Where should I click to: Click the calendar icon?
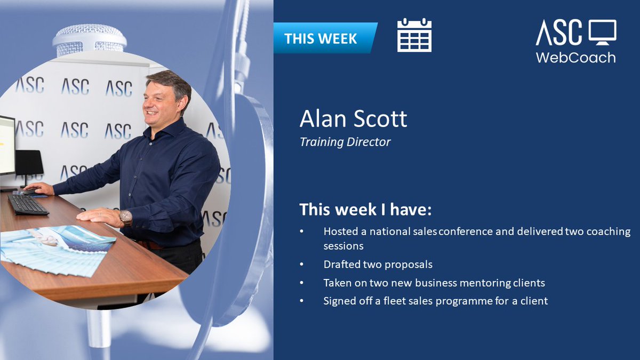pyautogui.click(x=414, y=35)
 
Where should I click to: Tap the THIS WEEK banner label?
pyautogui.click(x=321, y=38)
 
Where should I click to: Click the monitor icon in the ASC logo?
pyautogui.click(x=602, y=33)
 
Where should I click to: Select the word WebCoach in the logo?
pyautogui.click(x=575, y=57)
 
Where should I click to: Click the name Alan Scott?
pyautogui.click(x=353, y=119)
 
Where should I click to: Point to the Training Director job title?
pyautogui.click(x=345, y=142)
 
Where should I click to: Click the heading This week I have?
pyautogui.click(x=365, y=209)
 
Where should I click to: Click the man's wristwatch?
pyautogui.click(x=125, y=217)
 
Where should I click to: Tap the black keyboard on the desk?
pyautogui.click(x=28, y=204)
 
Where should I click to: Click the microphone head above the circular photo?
pyautogui.click(x=90, y=39)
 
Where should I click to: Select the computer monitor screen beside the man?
pyautogui.click(x=7, y=145)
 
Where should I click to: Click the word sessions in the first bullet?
pyautogui.click(x=343, y=246)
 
